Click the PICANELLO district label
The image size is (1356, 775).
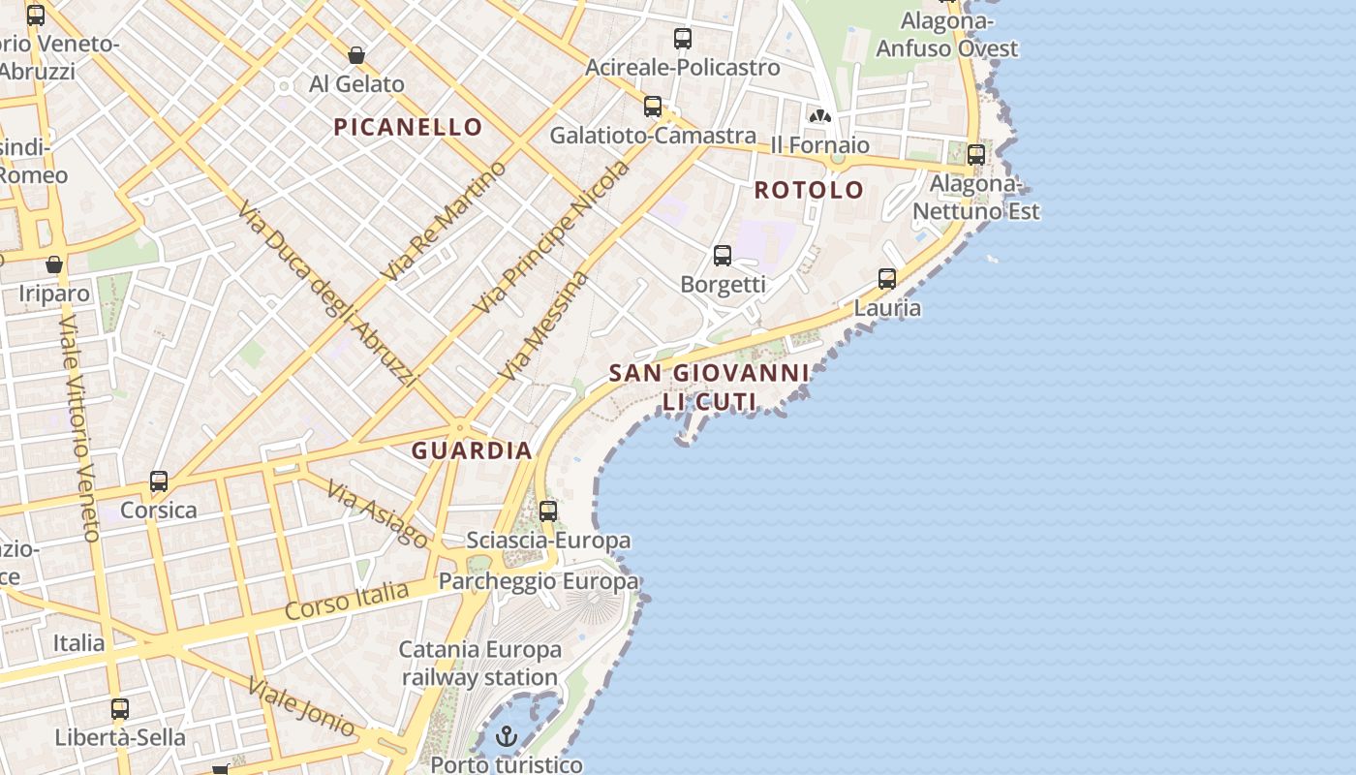tap(408, 127)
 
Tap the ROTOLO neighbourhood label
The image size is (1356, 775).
tap(809, 190)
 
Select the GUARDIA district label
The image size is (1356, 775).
tap(472, 450)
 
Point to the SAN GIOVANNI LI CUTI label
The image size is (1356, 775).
tap(709, 387)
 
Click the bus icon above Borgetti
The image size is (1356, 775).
tap(723, 256)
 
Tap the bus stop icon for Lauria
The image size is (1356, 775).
tap(886, 279)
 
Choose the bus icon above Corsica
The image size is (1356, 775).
tap(158, 481)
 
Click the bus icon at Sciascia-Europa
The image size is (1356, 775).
tap(548, 511)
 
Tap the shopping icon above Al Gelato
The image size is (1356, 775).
tap(356, 55)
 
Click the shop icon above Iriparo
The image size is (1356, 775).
tap(54, 264)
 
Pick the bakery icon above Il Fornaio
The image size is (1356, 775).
tap(820, 116)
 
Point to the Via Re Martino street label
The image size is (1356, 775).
tap(445, 221)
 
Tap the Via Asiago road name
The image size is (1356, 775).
tap(378, 513)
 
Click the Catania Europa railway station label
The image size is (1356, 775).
tap(479, 664)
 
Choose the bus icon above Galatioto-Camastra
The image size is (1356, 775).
tap(653, 107)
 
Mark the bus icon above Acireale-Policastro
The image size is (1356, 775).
tap(683, 39)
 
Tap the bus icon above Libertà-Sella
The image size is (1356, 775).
tap(119, 709)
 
